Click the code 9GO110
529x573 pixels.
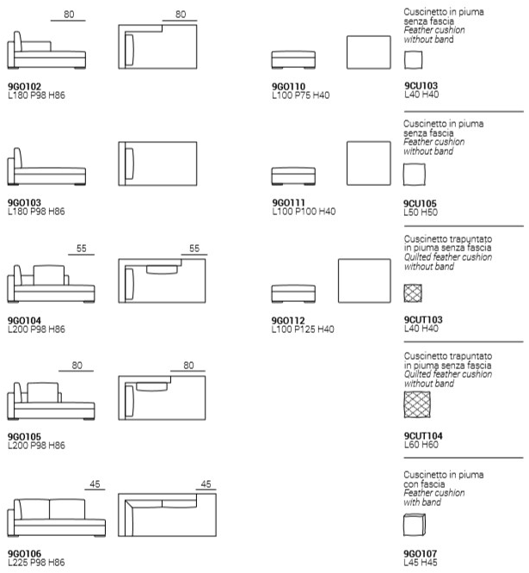pyautogui.click(x=288, y=87)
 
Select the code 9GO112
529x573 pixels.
pyautogui.click(x=288, y=320)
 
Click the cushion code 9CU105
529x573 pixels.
pyautogui.click(x=421, y=203)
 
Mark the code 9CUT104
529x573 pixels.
pyautogui.click(x=423, y=437)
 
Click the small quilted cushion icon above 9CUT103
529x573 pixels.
pyautogui.click(x=413, y=293)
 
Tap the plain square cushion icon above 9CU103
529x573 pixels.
pyautogui.click(x=413, y=59)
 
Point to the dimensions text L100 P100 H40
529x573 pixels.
pyautogui.click(x=304, y=211)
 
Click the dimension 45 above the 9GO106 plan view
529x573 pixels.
pyautogui.click(x=205, y=485)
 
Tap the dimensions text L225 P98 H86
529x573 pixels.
pyautogui.click(x=36, y=562)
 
